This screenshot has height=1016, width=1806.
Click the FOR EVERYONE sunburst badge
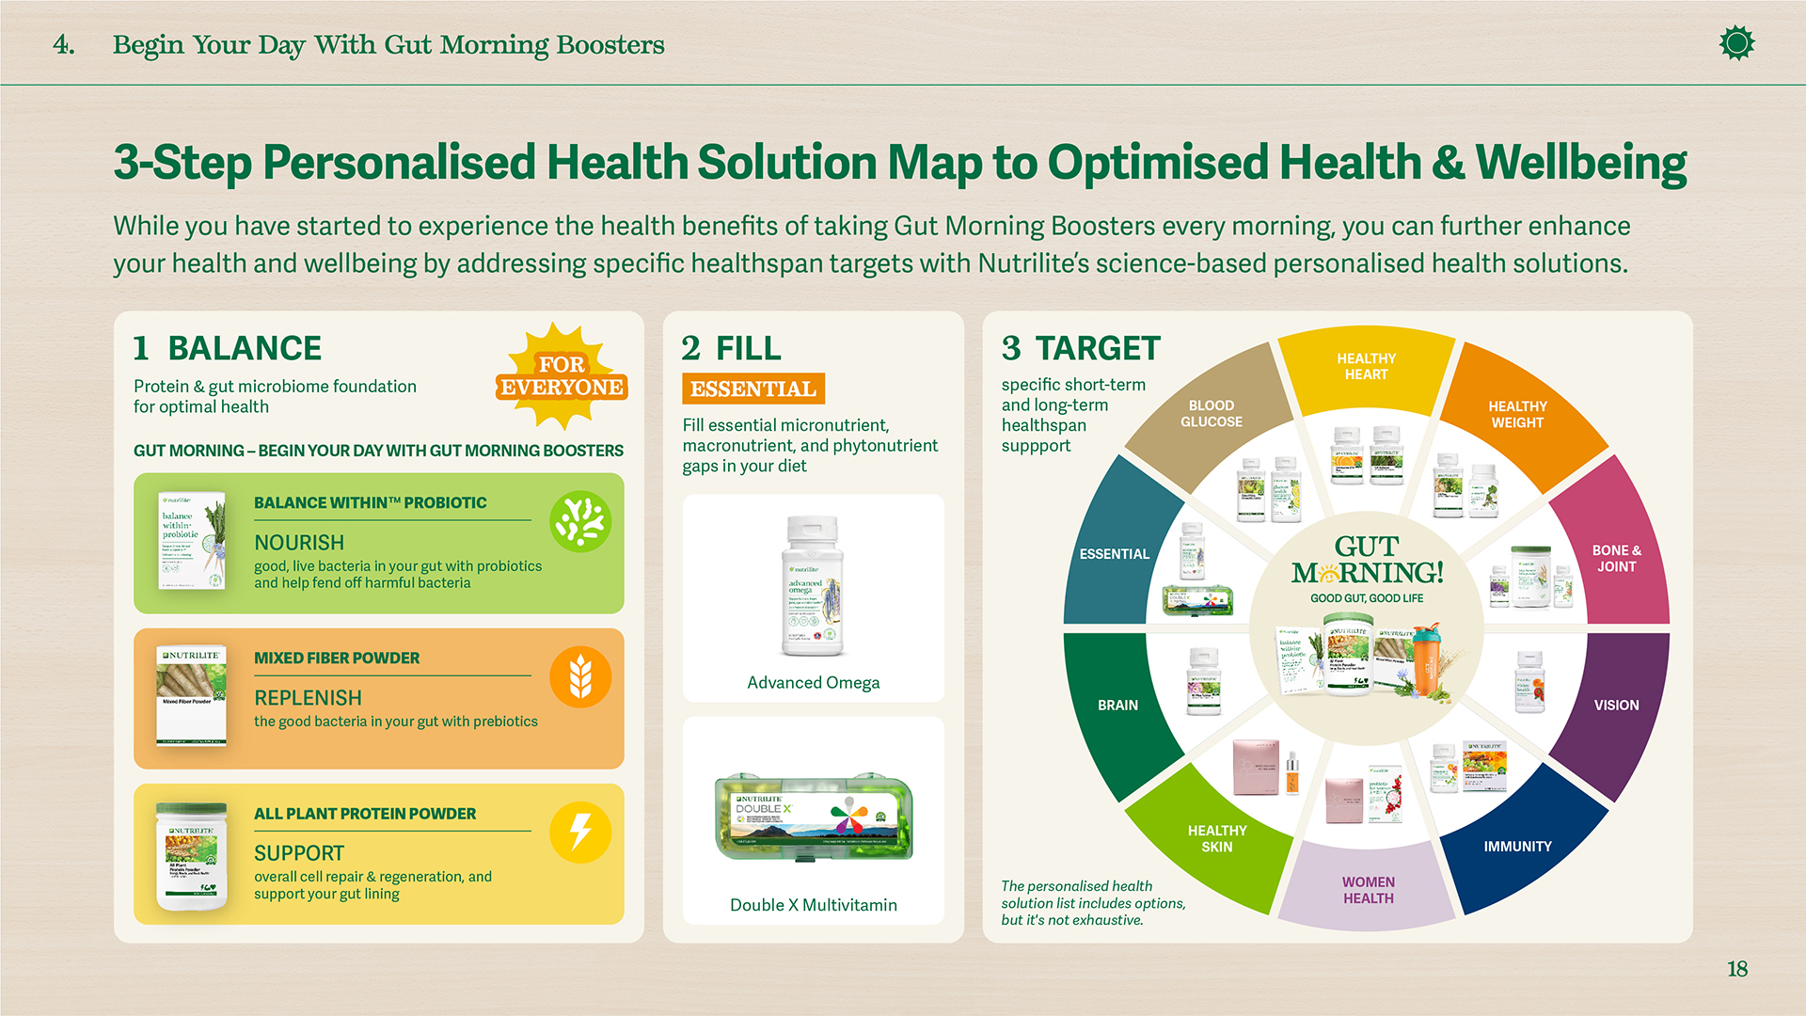pos(562,376)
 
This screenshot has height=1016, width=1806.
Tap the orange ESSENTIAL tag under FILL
pos(752,389)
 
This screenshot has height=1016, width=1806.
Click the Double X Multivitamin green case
pos(813,817)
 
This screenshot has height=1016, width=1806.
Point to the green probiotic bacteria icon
pos(580,521)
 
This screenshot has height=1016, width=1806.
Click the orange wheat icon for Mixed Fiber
pos(580,676)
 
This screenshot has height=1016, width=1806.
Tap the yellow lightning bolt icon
pos(580,832)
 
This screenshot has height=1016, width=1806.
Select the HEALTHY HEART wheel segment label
pos(1366,366)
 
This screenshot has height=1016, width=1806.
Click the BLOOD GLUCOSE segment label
pos(1211,413)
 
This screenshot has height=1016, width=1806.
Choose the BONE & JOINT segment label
pos(1616,558)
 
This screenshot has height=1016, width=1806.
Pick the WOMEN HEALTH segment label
pos(1368,889)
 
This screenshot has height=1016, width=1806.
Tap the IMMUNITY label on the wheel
pos(1517,846)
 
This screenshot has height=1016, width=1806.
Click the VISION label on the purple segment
pos(1616,705)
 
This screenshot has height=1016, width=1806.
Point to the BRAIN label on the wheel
pos(1117,705)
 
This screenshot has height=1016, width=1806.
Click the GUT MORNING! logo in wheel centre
pos(1367,562)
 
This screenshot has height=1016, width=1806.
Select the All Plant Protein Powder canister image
pos(192,855)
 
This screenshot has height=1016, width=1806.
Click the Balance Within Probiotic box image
pos(192,541)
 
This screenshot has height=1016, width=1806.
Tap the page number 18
pos(1736,969)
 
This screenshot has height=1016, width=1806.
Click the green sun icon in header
pos(1736,43)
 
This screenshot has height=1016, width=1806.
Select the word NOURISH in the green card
pos(299,543)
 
